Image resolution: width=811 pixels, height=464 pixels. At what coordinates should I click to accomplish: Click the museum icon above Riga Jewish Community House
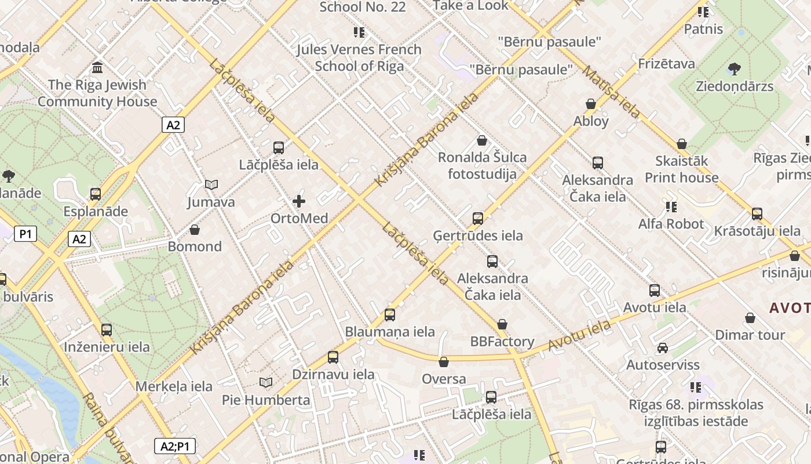[x=97, y=67]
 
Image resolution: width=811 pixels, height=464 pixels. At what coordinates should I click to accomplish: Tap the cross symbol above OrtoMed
[x=299, y=201]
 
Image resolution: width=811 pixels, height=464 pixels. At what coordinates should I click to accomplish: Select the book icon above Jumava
[x=211, y=185]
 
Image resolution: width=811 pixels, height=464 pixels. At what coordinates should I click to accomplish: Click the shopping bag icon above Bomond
[x=195, y=230]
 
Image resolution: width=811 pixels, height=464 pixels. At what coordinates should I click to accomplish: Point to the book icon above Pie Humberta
[x=266, y=383]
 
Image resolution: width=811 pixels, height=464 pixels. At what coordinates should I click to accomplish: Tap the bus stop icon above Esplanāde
[x=96, y=194]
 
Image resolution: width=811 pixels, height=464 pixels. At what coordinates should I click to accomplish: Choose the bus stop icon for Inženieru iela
[x=107, y=330]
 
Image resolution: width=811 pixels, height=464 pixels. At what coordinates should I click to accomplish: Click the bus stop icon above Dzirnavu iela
[x=333, y=357]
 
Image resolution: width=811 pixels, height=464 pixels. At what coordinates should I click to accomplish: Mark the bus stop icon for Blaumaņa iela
[x=390, y=315]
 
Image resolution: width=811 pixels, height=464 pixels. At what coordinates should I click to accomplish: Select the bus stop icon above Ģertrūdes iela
[x=478, y=219]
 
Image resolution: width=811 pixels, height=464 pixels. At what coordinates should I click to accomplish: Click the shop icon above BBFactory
[x=502, y=324]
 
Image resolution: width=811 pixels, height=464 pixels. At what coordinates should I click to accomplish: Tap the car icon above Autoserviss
[x=663, y=348]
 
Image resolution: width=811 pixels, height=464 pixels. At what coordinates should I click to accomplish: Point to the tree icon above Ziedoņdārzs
[x=735, y=69]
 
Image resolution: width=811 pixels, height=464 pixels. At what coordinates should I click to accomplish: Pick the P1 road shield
[x=25, y=234]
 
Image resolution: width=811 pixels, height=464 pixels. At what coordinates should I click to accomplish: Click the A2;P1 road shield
[x=175, y=446]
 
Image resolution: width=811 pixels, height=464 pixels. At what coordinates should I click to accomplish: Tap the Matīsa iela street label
[x=611, y=92]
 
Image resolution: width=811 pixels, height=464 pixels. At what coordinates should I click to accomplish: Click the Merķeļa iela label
[x=174, y=386]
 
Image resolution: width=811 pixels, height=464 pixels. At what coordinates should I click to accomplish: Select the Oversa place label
[x=444, y=379]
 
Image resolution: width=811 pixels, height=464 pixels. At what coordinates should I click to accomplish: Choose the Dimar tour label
[x=750, y=335]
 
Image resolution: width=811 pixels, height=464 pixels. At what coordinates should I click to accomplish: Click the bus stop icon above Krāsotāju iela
[x=757, y=214]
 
